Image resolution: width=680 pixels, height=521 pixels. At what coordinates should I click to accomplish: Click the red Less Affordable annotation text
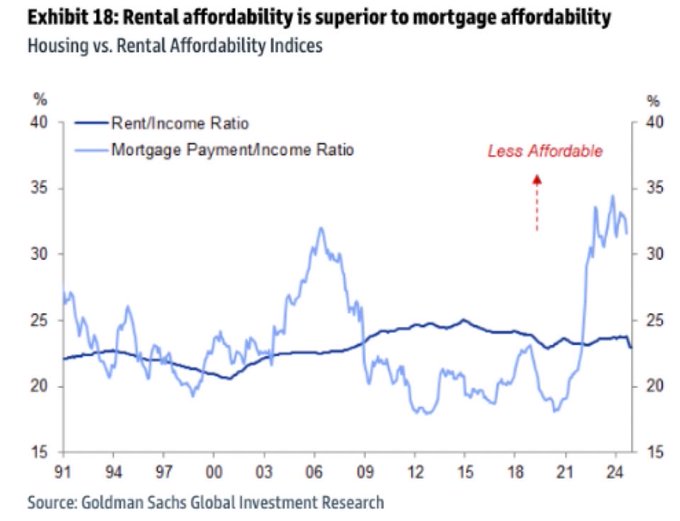tap(545, 152)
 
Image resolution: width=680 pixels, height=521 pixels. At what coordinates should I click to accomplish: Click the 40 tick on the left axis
tap(40, 123)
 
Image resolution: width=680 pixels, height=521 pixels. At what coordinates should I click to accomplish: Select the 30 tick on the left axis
tap(40, 254)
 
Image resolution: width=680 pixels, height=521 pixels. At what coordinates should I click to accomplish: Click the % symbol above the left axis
tap(40, 99)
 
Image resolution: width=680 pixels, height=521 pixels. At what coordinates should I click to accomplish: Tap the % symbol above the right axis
tap(654, 99)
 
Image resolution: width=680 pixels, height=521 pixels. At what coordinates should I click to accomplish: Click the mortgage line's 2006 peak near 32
tap(321, 228)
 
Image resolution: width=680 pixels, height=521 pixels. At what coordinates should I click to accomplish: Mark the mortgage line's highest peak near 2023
tap(612, 196)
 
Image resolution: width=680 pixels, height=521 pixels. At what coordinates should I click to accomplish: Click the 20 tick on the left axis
tap(40, 386)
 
